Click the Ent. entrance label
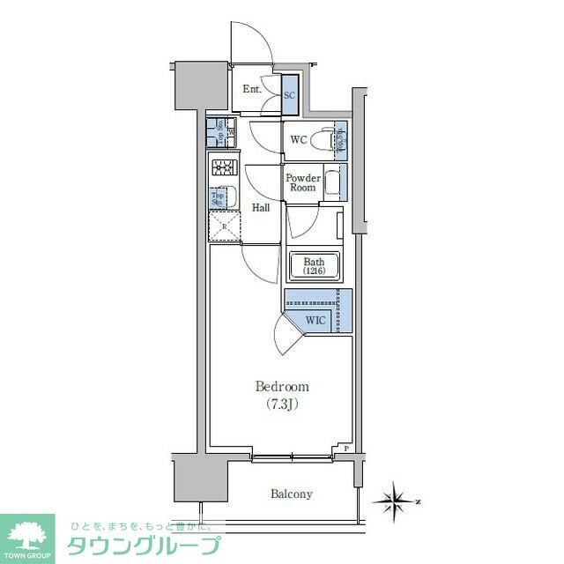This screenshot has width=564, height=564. [254, 89]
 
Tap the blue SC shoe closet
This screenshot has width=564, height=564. [290, 95]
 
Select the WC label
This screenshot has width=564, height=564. [298, 139]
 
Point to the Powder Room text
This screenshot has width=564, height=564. [301, 182]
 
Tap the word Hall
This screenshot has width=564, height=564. [261, 208]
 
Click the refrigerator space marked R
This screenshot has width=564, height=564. [224, 226]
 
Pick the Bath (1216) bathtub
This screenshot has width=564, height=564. [315, 266]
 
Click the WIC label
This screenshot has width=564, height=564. [316, 321]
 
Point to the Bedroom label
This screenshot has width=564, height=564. [282, 387]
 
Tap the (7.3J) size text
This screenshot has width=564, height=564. [282, 404]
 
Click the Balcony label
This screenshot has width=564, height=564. [291, 494]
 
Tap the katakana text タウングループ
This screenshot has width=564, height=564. [143, 545]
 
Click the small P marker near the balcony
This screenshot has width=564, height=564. [346, 449]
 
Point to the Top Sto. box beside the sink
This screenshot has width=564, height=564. [216, 198]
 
